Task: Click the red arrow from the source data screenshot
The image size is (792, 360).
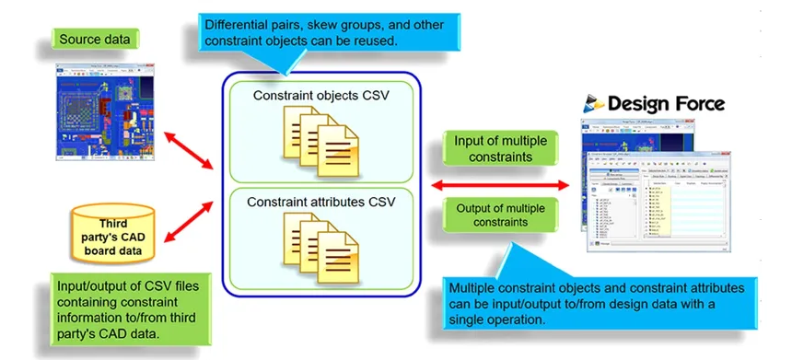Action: pos(189,148)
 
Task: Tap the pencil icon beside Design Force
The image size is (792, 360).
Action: pos(593,102)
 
